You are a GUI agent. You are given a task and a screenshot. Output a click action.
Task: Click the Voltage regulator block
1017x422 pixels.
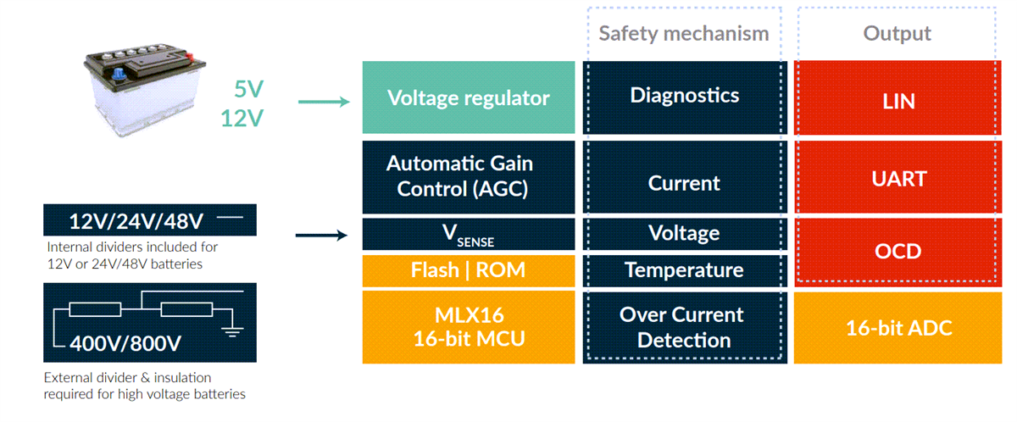click(468, 97)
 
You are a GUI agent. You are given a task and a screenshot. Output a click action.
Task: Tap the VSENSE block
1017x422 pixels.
click(468, 235)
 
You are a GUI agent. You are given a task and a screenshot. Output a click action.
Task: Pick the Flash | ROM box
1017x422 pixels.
click(468, 270)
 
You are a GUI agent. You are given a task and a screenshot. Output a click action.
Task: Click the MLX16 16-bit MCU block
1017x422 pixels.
click(468, 327)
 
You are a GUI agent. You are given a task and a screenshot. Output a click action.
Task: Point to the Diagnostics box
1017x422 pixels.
click(684, 96)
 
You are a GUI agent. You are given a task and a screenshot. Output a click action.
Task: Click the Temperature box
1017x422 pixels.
click(684, 270)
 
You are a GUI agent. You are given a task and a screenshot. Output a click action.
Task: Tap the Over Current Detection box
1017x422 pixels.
click(684, 327)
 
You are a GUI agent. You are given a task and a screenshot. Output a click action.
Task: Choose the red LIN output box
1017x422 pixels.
click(898, 101)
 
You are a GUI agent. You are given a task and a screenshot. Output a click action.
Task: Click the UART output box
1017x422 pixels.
click(898, 179)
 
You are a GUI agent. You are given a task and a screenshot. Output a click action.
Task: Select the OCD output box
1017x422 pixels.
click(898, 252)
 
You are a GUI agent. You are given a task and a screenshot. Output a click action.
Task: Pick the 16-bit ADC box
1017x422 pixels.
click(898, 328)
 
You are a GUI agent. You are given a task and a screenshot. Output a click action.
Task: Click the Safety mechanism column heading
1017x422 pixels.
click(684, 33)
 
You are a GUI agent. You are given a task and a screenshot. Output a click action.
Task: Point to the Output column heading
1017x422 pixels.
click(897, 33)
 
